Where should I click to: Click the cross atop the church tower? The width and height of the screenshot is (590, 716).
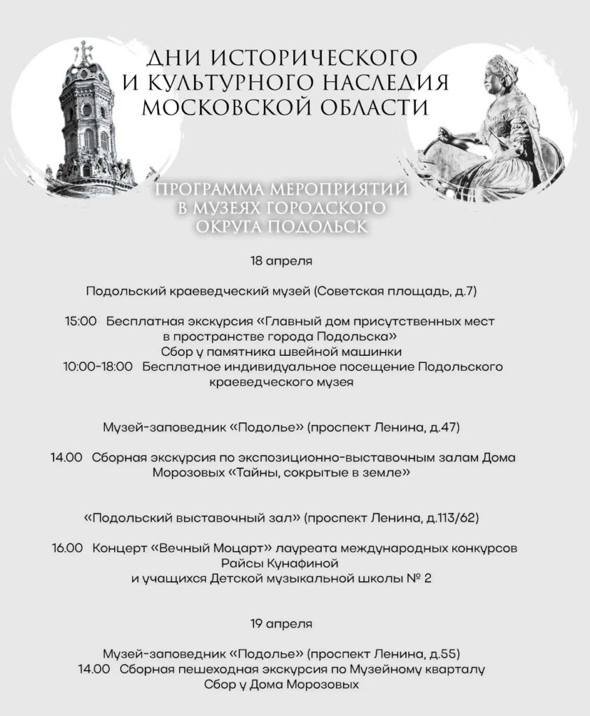pyautogui.click(x=85, y=50)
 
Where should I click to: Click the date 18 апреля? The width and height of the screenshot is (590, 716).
pyautogui.click(x=281, y=261)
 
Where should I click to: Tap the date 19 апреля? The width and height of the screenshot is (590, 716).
pyautogui.click(x=281, y=622)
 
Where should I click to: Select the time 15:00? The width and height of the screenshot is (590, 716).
pyautogui.click(x=80, y=322)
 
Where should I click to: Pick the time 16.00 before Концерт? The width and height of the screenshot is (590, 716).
pyautogui.click(x=67, y=548)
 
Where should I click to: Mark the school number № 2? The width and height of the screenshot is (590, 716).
pyautogui.click(x=419, y=578)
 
